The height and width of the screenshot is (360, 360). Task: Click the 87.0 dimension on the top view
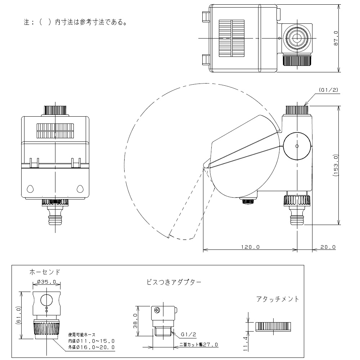click(x=336, y=38)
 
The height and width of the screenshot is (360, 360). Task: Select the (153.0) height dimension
click(x=336, y=165)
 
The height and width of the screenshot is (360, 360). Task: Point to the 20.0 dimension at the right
click(x=328, y=247)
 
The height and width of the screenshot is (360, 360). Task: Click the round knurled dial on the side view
click(x=297, y=146)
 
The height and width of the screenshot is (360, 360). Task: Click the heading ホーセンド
click(x=45, y=272)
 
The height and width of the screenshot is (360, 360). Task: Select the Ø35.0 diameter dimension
click(x=45, y=282)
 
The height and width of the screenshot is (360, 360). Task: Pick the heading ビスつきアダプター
click(x=174, y=282)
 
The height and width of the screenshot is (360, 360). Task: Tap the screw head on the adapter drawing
click(x=157, y=310)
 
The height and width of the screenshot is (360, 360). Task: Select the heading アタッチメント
click(x=278, y=299)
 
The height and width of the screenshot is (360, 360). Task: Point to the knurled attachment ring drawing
click(x=273, y=327)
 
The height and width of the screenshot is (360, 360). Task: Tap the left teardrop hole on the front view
click(x=30, y=188)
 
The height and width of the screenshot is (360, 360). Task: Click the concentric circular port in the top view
click(x=297, y=38)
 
